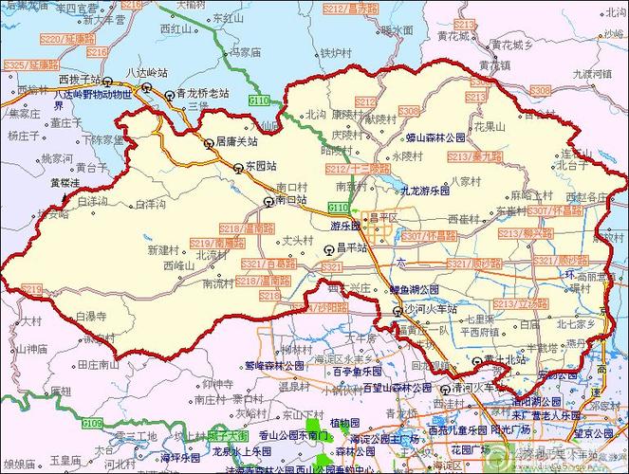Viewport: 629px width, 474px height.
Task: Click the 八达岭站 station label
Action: tap(149, 71)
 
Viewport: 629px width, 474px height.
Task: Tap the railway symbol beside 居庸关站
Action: tap(209, 144)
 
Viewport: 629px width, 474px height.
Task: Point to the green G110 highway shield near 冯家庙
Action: tap(259, 100)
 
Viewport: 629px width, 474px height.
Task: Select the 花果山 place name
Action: tap(490, 125)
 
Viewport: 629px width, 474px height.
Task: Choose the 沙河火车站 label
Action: tap(432, 310)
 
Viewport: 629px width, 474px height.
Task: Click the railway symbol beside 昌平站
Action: tap(328, 249)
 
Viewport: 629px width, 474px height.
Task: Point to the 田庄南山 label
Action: tap(97, 363)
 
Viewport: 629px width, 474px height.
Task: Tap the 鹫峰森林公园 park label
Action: tap(273, 364)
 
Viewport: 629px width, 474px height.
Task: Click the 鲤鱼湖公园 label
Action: tap(415, 289)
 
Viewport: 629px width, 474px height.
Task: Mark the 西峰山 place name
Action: tap(178, 266)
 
